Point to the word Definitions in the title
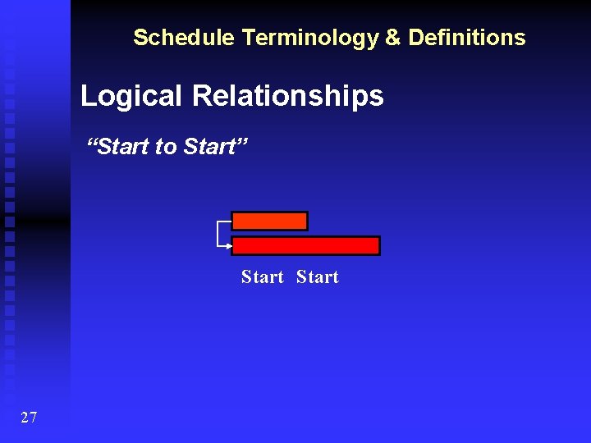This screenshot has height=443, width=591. (x=467, y=38)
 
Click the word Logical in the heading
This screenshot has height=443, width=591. (x=131, y=96)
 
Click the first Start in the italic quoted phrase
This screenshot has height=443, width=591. (x=123, y=147)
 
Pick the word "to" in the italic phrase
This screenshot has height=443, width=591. (x=166, y=147)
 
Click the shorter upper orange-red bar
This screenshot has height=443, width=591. (x=269, y=221)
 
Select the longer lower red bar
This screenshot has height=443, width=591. (x=305, y=245)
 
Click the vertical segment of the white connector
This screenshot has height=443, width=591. (x=218, y=233)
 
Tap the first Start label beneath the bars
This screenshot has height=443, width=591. (x=262, y=277)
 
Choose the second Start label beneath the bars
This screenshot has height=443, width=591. (x=317, y=277)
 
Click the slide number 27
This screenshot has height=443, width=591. (x=29, y=418)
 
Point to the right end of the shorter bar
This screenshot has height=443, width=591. (x=305, y=221)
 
